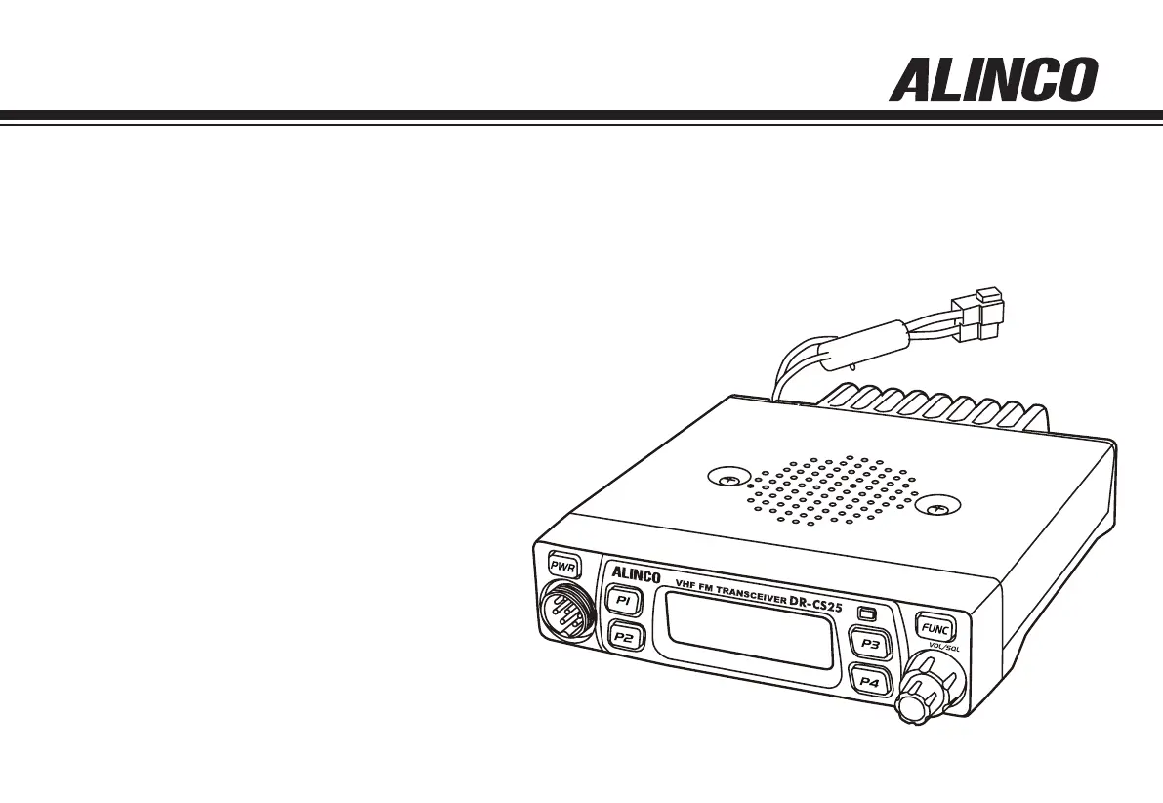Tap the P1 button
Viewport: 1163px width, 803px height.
[622, 600]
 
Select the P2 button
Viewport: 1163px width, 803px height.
[624, 637]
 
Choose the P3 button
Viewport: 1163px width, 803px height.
[869, 644]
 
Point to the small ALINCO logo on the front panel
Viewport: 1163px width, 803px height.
[636, 574]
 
